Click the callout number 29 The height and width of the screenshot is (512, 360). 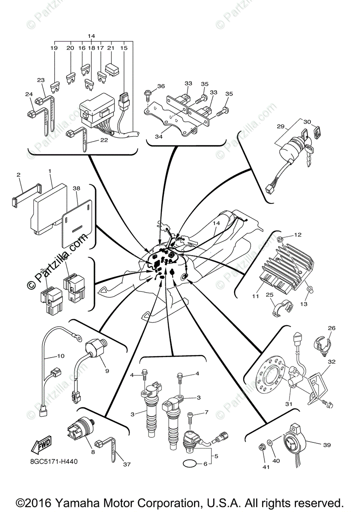pos(280,127)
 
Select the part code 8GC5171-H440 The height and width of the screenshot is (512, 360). pos(54,461)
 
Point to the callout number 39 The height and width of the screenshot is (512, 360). pos(327,445)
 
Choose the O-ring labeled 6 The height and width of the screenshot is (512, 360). pos(190,463)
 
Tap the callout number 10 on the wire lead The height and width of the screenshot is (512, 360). pos(61,355)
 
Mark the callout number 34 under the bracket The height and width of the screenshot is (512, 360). pos(159,137)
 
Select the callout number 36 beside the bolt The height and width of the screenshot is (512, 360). pos(161,86)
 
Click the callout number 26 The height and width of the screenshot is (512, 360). pos(331,328)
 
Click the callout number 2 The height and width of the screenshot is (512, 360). pos(18,175)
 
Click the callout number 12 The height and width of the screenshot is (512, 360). pos(298,235)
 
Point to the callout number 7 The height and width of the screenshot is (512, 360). pos(207,412)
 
